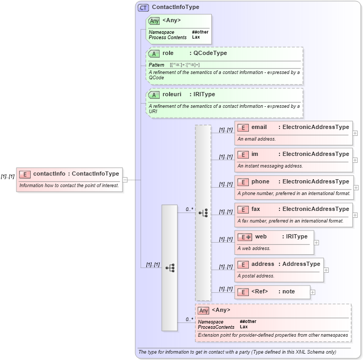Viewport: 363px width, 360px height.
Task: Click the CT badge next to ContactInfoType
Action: point(143,7)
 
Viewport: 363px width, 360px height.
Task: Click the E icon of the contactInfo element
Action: point(25,173)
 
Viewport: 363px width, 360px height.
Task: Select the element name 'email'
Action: point(259,127)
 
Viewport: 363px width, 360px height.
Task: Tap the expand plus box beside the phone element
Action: point(356,187)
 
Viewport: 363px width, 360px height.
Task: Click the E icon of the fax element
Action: point(243,209)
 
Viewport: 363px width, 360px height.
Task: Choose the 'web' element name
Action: point(261,236)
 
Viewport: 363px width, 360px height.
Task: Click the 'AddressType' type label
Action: point(301,264)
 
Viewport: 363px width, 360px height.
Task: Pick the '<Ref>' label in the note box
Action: point(259,291)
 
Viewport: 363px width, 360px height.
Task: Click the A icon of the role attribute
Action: point(154,53)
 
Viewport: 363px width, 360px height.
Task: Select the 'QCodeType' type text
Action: point(210,53)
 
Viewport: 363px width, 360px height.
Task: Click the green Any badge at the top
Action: point(154,21)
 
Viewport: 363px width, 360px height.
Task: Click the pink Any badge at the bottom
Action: point(203,310)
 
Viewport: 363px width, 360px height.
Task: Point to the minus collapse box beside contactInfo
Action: point(125,180)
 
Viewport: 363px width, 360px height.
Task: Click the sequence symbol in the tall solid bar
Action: point(170,268)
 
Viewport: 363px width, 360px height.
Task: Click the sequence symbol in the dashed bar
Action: point(203,213)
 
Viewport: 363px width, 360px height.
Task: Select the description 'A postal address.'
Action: point(256,275)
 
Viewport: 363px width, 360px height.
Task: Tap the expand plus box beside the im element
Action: point(355,160)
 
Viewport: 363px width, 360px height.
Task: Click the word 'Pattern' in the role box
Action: point(156,64)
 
